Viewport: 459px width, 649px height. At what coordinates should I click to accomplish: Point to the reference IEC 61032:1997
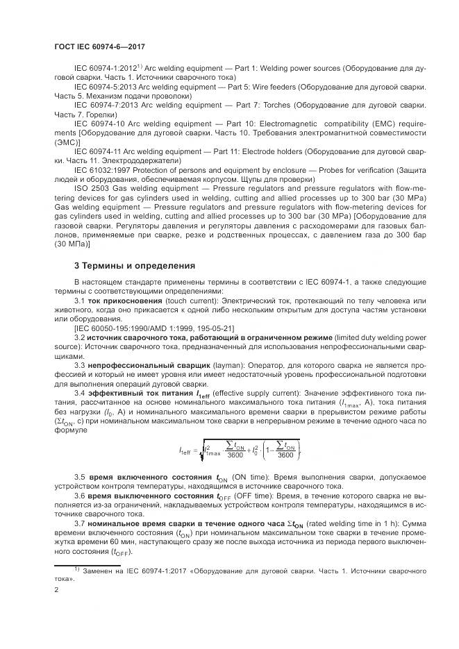click(x=106, y=169)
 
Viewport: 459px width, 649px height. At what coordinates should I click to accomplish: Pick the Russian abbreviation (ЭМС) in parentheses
click(x=67, y=142)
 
